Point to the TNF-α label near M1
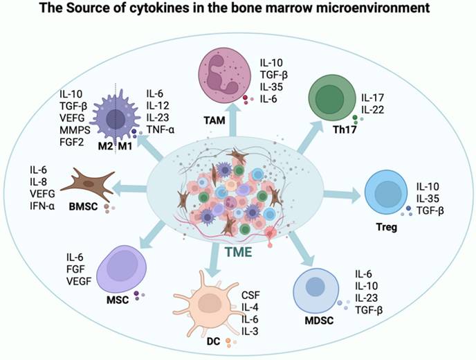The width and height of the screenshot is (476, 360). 161,129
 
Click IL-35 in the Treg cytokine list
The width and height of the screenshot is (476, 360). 430,199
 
